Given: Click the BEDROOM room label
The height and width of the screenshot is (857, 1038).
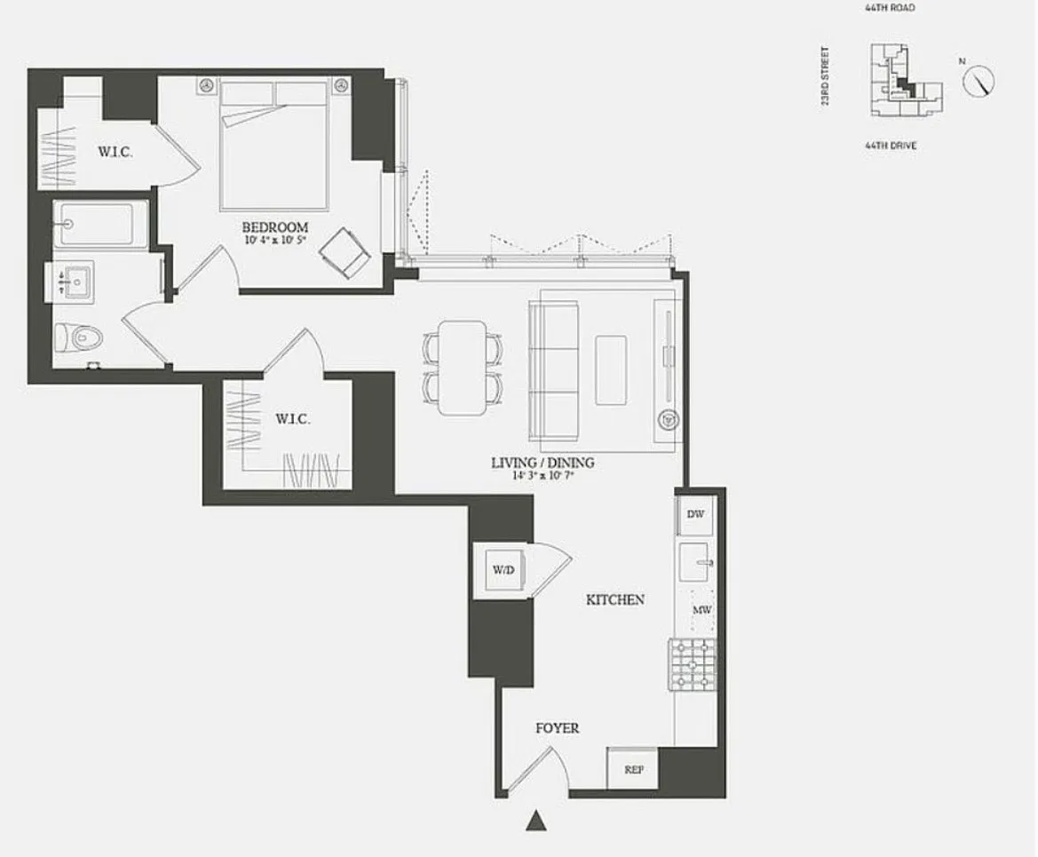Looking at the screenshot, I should point(274,227).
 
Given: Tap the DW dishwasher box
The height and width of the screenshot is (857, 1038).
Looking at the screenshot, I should point(694,515).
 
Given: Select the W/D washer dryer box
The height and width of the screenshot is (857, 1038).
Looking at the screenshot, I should point(503,570).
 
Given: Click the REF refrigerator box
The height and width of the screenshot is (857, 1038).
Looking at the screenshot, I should point(633,769).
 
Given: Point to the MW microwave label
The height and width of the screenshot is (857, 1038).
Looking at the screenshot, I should point(702,611).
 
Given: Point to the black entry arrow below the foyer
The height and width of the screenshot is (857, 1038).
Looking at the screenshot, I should point(535,821).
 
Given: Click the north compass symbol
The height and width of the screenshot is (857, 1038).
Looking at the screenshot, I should point(979,82).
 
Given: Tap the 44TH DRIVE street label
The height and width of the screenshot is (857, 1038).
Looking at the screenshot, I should point(891,145).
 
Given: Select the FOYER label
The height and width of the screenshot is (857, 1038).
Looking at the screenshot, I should point(557,728).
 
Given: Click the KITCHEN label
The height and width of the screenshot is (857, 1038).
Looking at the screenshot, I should point(614,600).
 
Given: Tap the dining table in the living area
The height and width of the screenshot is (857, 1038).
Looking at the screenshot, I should point(463,367).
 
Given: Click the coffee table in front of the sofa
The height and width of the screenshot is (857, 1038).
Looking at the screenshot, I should point(611,369).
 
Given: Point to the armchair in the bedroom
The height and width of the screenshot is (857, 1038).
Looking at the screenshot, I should point(345,250).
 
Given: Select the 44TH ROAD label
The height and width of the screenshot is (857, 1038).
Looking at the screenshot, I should point(889,8).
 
